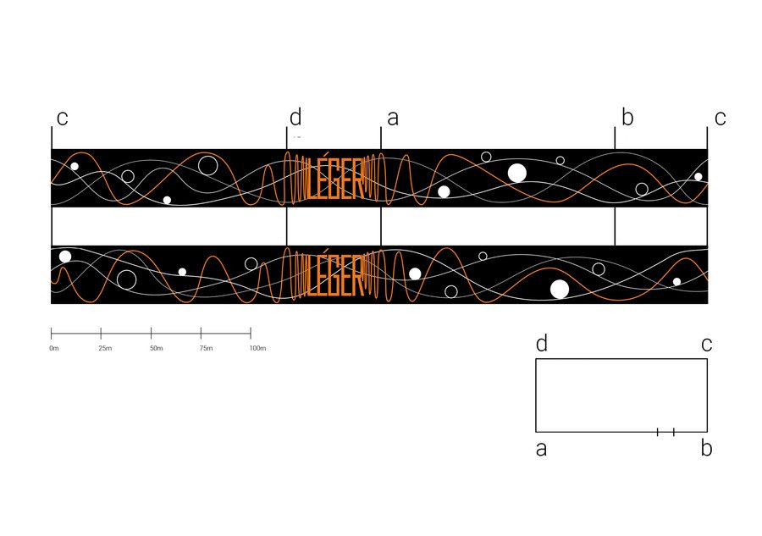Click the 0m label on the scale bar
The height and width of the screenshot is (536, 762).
[x=54, y=348]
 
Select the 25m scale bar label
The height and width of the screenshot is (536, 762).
[x=105, y=348]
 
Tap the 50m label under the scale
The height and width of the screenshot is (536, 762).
[x=157, y=348]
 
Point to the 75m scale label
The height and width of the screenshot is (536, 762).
[x=206, y=348]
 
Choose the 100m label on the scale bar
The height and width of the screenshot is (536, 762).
[x=257, y=348]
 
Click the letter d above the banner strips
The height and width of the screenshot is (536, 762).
[x=295, y=117]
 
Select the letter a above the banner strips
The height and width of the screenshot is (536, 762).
[x=393, y=119]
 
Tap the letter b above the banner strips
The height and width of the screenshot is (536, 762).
[x=627, y=117]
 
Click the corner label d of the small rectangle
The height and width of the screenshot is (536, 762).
[x=542, y=344]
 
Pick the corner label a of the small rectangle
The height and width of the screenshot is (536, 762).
[x=541, y=449]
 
